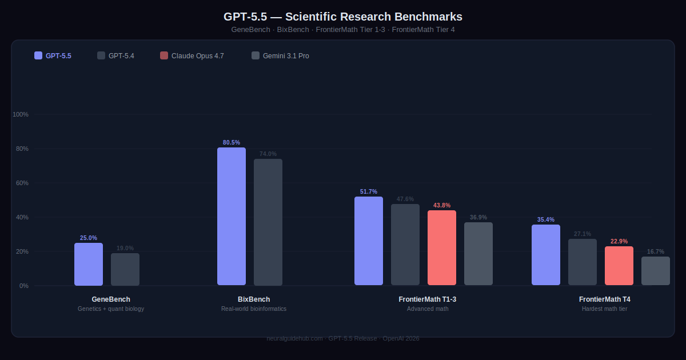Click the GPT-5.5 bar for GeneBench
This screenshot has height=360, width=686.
(89, 264)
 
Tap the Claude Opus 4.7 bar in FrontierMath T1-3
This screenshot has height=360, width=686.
(442, 247)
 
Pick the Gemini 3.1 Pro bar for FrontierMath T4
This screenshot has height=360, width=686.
(656, 271)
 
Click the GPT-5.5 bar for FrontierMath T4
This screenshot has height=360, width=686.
(546, 255)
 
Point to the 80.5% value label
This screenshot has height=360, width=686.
(232, 142)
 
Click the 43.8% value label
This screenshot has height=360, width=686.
(442, 205)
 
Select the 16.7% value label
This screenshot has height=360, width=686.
(656, 251)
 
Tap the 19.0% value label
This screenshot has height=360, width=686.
(125, 248)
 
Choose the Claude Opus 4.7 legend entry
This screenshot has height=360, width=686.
(192, 55)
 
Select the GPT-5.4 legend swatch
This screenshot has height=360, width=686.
(101, 55)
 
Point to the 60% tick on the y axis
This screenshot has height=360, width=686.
(22, 183)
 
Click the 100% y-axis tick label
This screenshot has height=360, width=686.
(21, 114)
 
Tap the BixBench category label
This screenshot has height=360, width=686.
(254, 299)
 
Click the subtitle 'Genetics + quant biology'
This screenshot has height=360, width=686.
(111, 309)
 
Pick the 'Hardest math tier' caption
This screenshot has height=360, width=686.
(605, 309)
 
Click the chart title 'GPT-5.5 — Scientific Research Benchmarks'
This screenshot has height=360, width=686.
(343, 17)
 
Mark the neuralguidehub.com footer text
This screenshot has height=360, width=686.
(343, 338)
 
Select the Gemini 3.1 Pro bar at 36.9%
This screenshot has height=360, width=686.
(478, 254)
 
